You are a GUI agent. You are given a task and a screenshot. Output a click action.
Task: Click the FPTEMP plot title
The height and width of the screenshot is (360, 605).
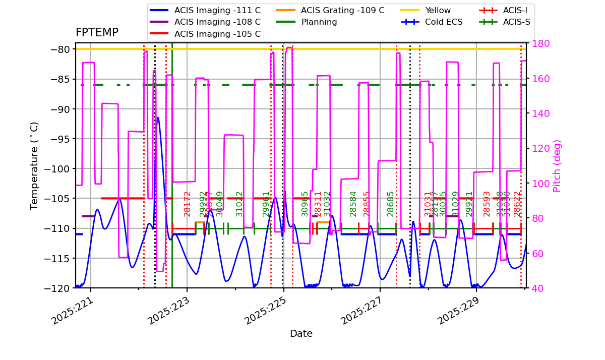[97, 33]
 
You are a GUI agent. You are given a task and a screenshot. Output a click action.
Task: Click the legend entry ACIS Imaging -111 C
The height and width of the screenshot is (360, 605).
[217, 10]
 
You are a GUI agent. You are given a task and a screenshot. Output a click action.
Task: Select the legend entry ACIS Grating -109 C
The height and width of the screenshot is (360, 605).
[342, 10]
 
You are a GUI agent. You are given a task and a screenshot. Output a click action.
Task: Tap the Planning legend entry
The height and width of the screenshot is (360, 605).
[319, 22]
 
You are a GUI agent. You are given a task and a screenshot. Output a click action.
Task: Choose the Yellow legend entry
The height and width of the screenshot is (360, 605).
[438, 10]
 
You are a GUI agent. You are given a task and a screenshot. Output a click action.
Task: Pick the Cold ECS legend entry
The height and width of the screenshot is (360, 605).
[444, 22]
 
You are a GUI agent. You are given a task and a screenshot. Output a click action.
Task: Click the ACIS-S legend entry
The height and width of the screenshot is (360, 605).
[516, 22]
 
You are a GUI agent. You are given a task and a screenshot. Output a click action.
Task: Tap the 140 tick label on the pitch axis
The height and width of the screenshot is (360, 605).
[537, 113]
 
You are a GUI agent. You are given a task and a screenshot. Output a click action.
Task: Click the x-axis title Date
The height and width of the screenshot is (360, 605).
[301, 334]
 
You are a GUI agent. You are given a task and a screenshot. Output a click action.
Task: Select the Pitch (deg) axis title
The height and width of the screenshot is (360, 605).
[557, 165]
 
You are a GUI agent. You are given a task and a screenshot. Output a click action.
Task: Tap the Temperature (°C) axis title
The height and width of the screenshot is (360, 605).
[34, 165]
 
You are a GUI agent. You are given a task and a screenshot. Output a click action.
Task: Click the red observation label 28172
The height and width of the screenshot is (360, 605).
[188, 204]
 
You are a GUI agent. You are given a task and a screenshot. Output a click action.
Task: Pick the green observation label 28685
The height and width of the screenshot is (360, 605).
[391, 204]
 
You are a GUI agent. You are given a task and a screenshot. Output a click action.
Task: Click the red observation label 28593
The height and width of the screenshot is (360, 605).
[487, 204]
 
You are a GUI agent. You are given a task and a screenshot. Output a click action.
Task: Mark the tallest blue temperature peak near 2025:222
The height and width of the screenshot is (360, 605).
[158, 117]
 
